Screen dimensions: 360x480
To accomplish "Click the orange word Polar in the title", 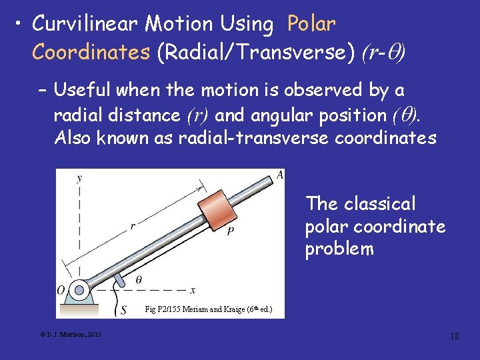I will pos(311,25).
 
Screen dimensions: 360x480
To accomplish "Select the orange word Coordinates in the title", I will pos(91,52).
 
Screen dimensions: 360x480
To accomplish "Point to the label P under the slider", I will pos(229,231).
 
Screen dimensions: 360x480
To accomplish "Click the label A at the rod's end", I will pos(279,175).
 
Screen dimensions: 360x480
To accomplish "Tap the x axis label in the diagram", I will pos(193,290).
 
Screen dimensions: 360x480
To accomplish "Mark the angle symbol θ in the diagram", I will pos(138,280).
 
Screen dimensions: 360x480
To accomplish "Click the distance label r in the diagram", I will pos(133,226).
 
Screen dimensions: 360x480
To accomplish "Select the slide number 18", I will pos(454,336).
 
